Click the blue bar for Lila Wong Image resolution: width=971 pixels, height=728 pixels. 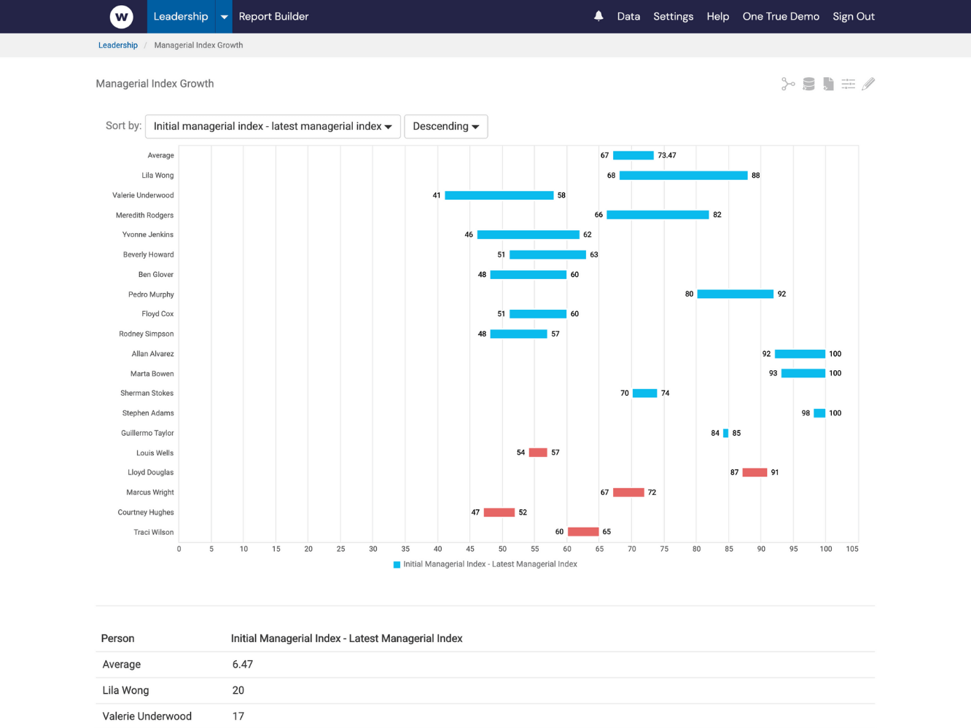click(683, 176)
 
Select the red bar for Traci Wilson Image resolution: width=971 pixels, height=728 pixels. click(583, 532)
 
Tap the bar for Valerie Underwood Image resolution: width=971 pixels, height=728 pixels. click(499, 195)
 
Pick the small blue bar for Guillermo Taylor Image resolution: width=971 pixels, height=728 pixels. click(725, 433)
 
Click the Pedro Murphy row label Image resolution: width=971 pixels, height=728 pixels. click(151, 294)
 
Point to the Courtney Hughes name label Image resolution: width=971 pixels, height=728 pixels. click(146, 512)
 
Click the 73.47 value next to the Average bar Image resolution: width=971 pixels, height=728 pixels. click(666, 155)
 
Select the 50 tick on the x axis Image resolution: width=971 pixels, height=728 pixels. click(502, 549)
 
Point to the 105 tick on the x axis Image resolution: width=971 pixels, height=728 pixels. click(851, 549)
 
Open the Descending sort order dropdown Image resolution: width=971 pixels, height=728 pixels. click(445, 126)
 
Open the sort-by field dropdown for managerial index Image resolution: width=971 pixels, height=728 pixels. click(273, 126)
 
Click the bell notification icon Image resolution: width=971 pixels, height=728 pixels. click(598, 16)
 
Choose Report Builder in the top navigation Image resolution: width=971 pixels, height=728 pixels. click(273, 16)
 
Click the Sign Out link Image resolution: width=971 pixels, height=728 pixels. click(853, 16)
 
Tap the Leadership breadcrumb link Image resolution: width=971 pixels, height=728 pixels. click(118, 45)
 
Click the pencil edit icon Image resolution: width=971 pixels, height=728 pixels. click(867, 85)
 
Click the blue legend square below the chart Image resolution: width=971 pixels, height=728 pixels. click(397, 565)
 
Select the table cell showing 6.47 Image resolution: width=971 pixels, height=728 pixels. click(243, 665)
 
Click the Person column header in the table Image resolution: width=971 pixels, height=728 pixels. click(117, 638)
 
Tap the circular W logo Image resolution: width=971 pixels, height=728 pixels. click(122, 16)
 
